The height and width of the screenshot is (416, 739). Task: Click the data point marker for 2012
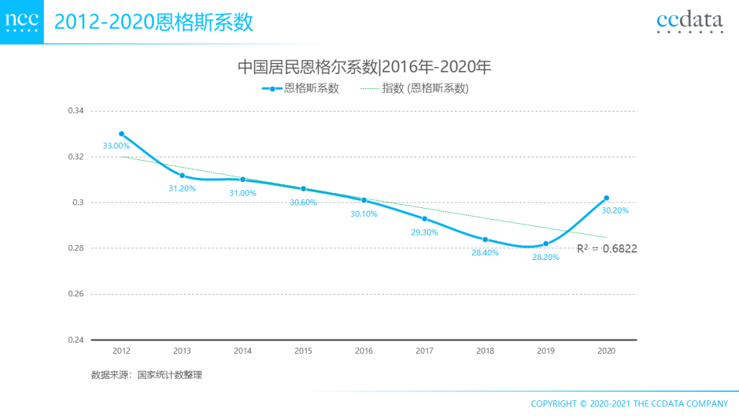point(121,134)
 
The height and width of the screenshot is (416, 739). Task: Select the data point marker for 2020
point(606,198)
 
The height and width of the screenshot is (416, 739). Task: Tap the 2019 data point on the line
point(546,244)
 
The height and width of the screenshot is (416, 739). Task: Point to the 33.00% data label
point(116,146)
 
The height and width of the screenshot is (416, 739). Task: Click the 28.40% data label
point(485,252)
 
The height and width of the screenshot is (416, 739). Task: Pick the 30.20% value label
point(614,211)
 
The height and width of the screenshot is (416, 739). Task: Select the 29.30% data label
point(424,232)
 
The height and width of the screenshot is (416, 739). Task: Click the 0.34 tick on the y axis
point(75,111)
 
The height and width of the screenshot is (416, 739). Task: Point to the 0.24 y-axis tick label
point(75,340)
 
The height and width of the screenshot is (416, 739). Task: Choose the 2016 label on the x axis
point(364,351)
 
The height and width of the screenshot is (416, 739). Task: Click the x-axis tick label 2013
point(182,351)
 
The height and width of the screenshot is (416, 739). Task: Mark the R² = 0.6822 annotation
point(607,249)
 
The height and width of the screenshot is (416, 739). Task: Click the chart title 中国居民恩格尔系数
point(365,67)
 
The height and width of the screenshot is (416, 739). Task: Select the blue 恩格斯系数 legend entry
point(300,88)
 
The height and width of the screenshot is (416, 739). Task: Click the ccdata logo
point(689,22)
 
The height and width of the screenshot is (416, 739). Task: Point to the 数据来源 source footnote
point(146,375)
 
